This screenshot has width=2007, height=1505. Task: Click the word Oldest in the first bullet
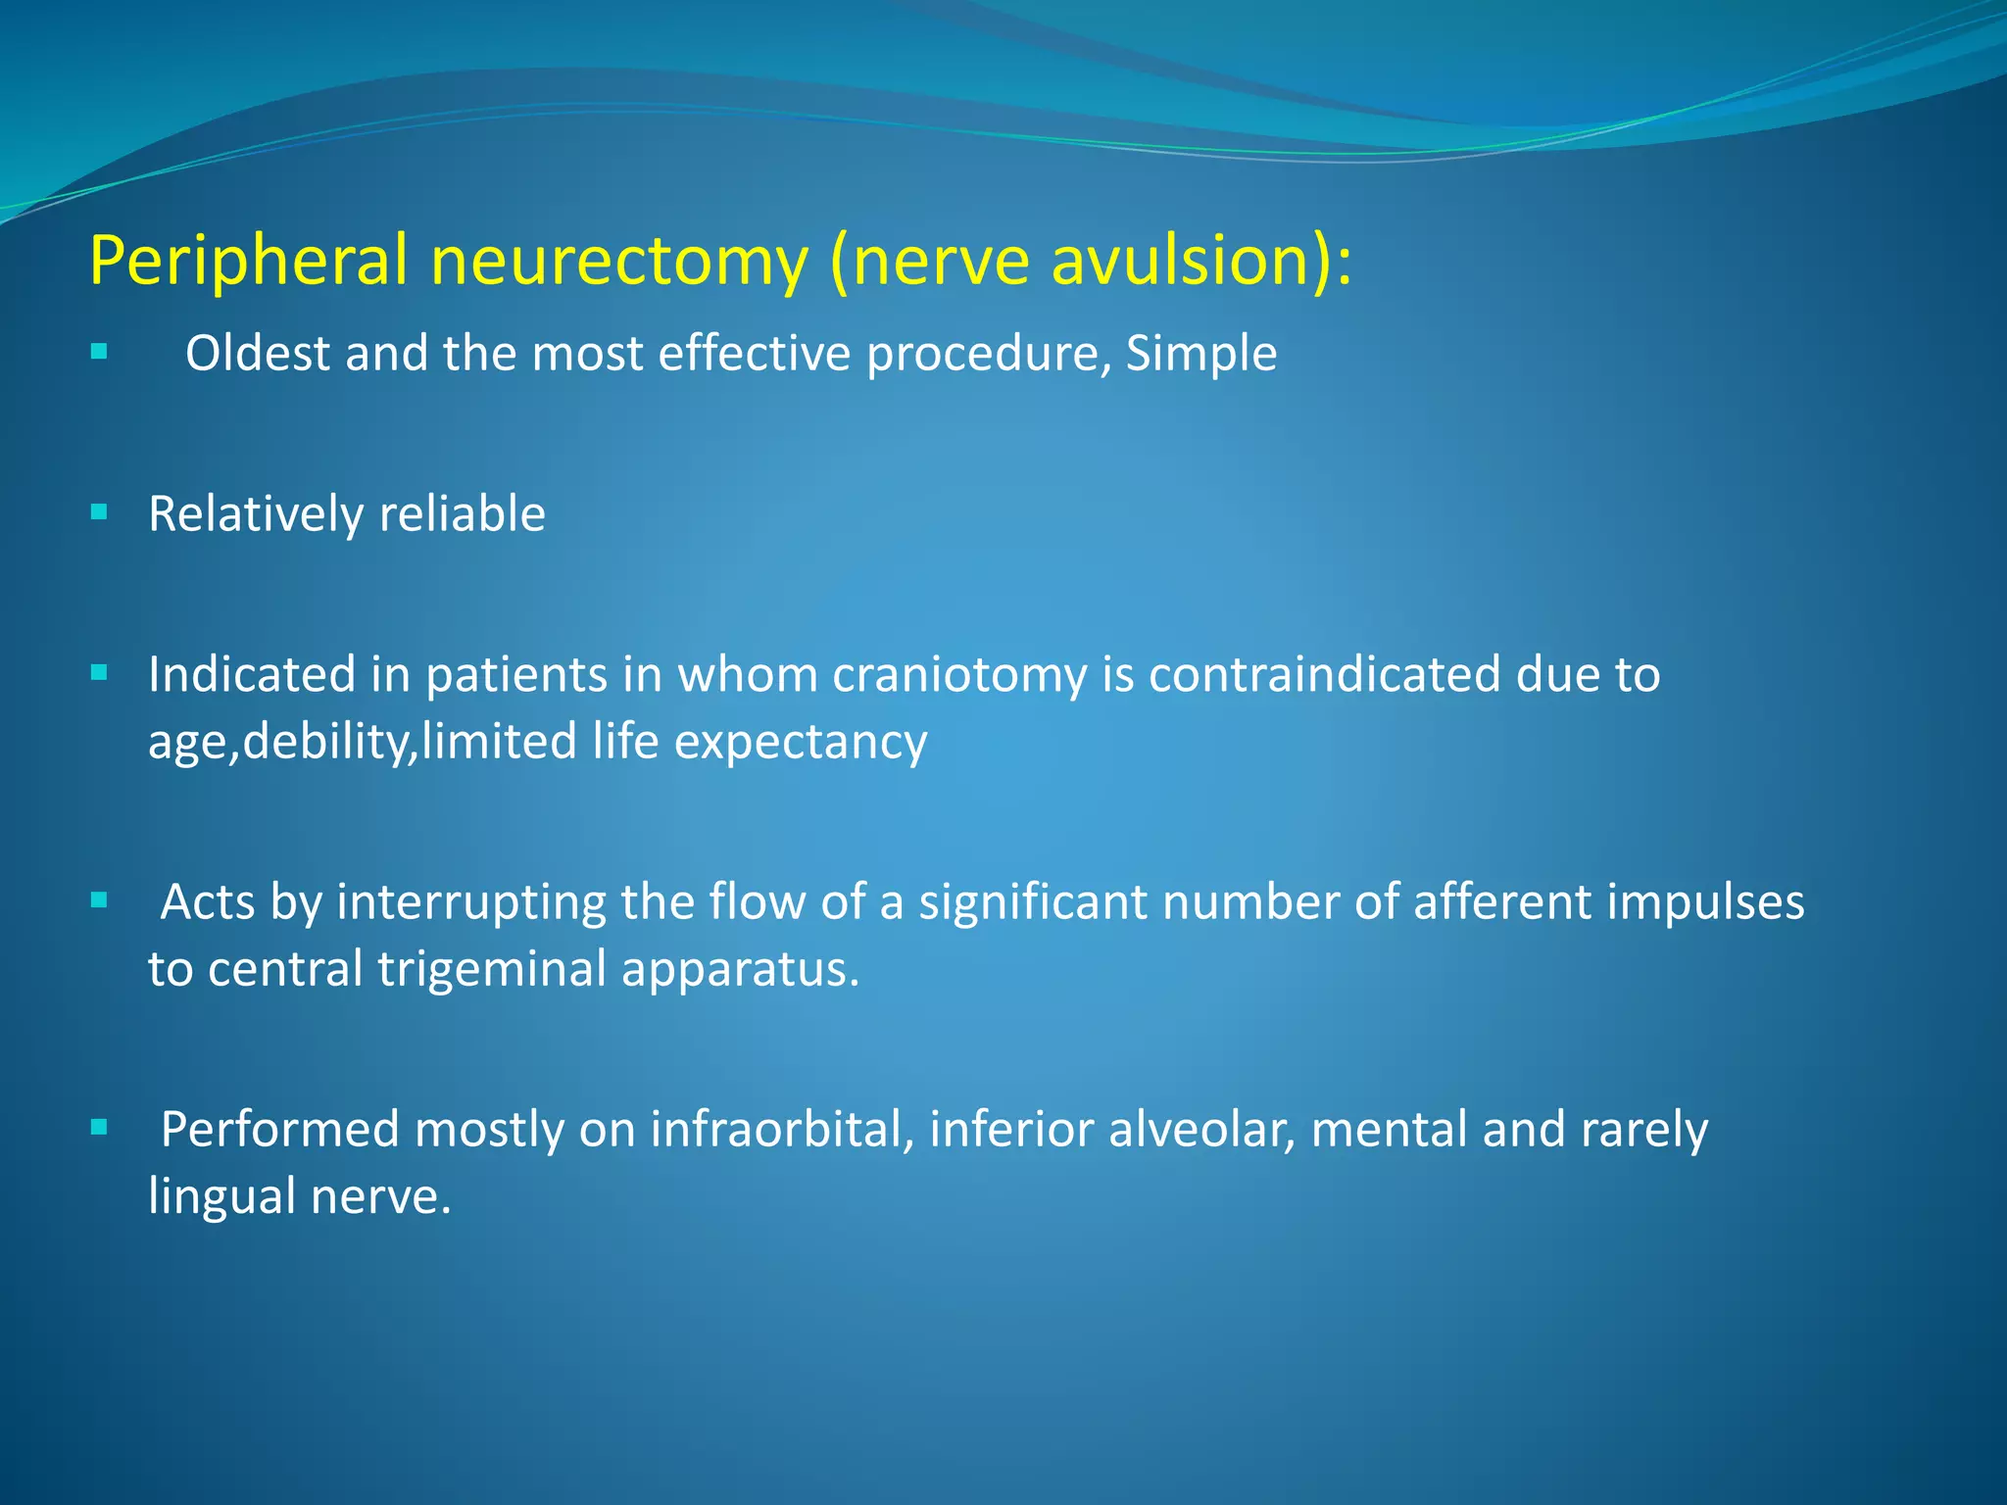point(258,354)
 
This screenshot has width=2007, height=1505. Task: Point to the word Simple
point(1200,354)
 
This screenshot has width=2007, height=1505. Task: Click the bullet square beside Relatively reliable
point(99,512)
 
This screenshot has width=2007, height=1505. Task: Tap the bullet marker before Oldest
point(99,352)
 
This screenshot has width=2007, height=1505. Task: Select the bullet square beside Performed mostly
point(99,1128)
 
